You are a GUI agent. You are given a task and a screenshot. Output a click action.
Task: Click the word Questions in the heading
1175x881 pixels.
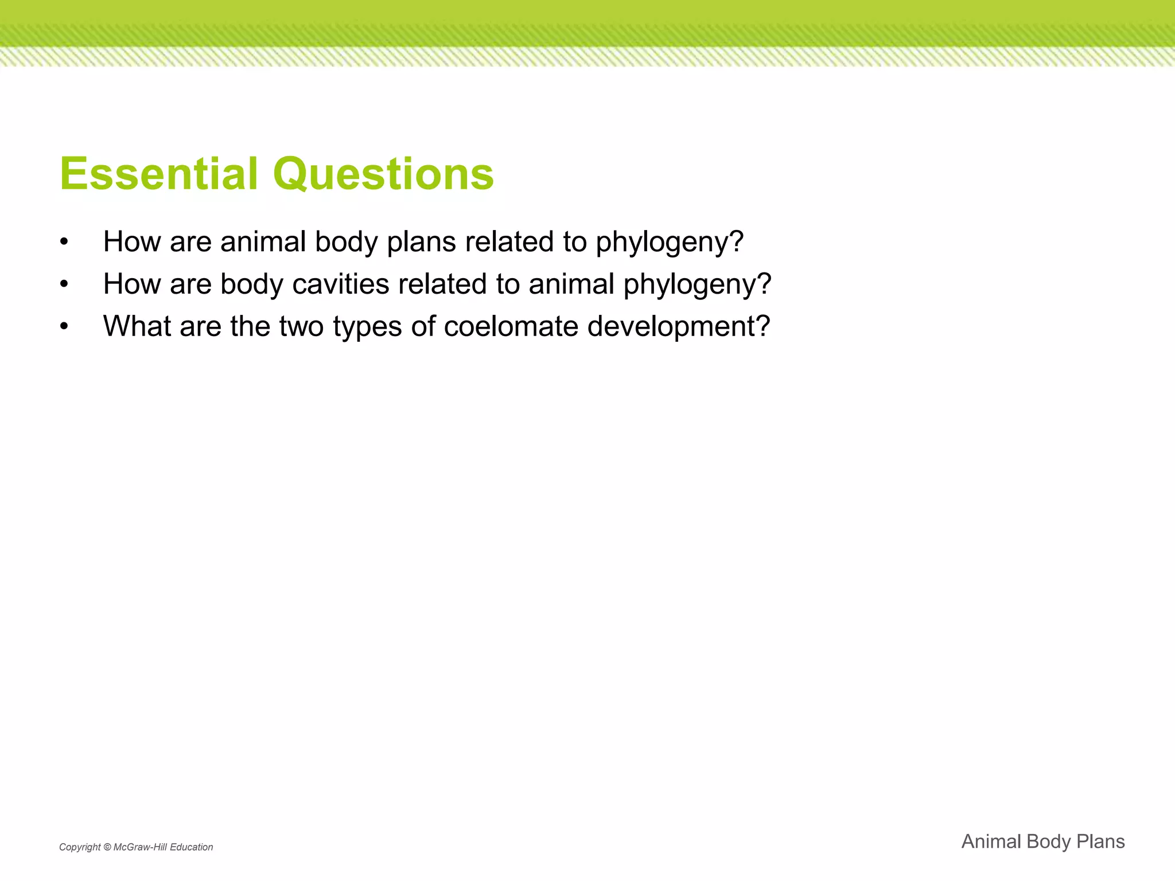pyautogui.click(x=383, y=175)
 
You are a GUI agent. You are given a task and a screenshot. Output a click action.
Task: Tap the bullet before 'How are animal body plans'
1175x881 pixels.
pyautogui.click(x=64, y=242)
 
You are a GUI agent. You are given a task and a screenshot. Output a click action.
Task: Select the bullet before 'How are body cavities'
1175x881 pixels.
pyautogui.click(x=64, y=284)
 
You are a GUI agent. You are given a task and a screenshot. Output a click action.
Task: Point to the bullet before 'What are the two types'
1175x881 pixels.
pyautogui.click(x=64, y=327)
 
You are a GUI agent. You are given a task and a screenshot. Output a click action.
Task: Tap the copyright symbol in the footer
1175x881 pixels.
pyautogui.click(x=107, y=847)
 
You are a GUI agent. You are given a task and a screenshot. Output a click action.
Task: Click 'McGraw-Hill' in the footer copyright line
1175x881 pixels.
pyautogui.click(x=140, y=847)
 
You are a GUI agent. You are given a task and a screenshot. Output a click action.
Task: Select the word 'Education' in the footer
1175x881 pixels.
pyautogui.click(x=192, y=847)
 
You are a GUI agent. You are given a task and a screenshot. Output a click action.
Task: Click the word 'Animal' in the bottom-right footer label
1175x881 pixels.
pyautogui.click(x=990, y=841)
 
